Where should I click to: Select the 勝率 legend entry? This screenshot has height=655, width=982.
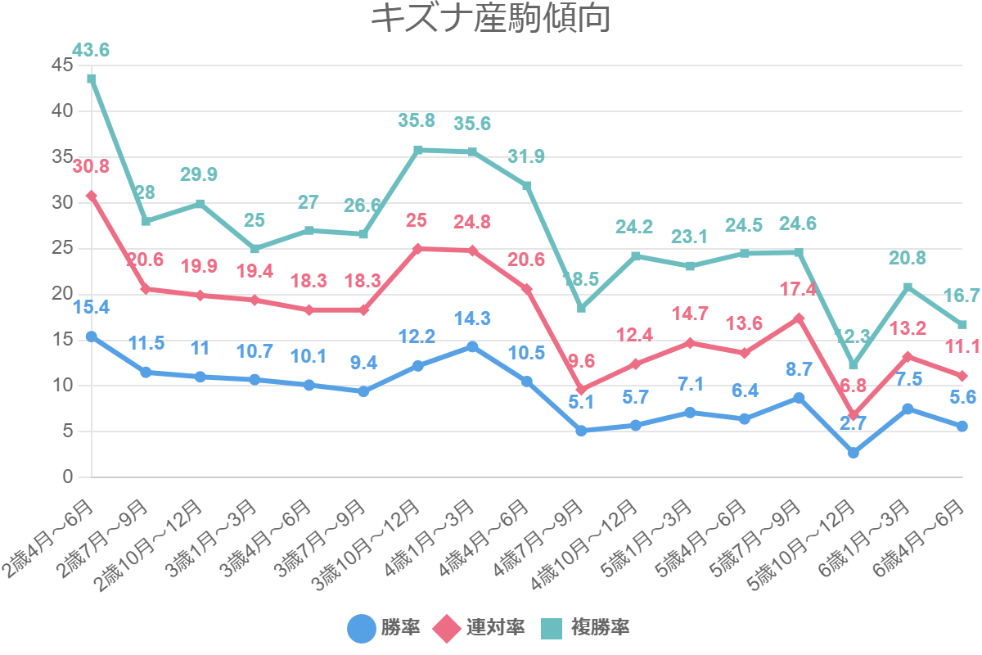pos(385,628)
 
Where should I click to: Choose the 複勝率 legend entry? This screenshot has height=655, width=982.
pos(584,628)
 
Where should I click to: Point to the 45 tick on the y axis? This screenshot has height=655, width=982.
pos(62,65)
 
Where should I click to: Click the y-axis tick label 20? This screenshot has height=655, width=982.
pos(62,293)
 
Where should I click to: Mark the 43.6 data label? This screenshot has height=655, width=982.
pos(91,51)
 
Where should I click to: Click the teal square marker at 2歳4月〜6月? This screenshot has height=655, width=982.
pos(92,79)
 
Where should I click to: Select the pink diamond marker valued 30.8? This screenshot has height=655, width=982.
pos(92,196)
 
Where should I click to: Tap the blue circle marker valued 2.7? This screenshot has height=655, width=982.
pos(854,452)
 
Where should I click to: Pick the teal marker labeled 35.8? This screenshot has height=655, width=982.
pos(418,150)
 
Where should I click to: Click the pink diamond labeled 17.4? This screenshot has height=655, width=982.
pos(799,318)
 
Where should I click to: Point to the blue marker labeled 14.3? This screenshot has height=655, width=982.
pos(472,346)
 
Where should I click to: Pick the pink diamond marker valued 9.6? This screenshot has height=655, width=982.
pos(581,390)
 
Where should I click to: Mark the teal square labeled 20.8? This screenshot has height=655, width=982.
pos(908,287)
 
